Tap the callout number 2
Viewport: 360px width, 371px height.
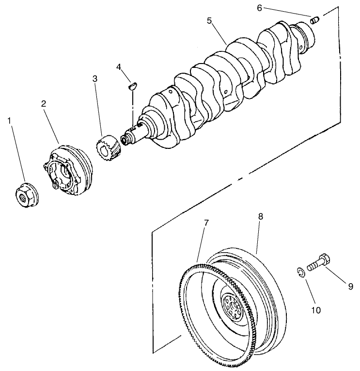click(x=44, y=103)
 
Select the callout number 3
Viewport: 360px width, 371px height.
click(x=95, y=78)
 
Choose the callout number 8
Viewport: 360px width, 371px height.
click(x=260, y=217)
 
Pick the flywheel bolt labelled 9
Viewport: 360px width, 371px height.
click(x=317, y=262)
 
